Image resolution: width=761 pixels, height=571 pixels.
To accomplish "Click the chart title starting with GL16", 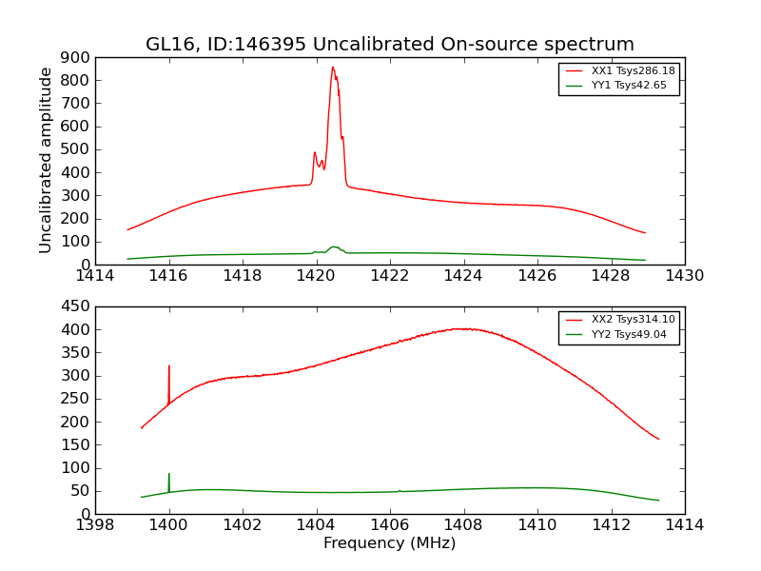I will click(389, 45).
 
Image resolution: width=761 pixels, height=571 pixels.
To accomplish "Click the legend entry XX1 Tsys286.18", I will click(632, 70).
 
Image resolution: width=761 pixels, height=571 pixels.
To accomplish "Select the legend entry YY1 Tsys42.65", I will click(628, 86).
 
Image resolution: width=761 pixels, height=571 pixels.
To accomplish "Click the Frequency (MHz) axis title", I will click(389, 543).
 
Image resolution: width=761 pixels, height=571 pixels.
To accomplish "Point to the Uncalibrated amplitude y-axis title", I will click(47, 160).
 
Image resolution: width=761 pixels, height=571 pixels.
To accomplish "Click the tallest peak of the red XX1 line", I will click(333, 68).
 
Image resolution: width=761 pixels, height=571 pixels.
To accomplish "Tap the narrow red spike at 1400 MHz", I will click(169, 366).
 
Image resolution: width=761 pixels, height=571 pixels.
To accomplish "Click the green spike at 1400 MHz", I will click(169, 475).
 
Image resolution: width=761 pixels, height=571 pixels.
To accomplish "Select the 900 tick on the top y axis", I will click(77, 57).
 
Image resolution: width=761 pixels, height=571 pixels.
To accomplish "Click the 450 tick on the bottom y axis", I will click(77, 306).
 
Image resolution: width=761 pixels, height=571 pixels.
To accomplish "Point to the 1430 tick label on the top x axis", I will click(684, 276).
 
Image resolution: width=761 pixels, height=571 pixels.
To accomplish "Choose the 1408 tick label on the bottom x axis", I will click(463, 525).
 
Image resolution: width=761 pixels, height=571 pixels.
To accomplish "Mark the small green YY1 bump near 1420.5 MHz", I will click(334, 247).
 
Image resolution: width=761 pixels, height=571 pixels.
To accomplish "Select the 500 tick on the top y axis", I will click(77, 149).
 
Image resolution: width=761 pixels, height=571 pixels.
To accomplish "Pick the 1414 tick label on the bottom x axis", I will click(684, 525).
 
